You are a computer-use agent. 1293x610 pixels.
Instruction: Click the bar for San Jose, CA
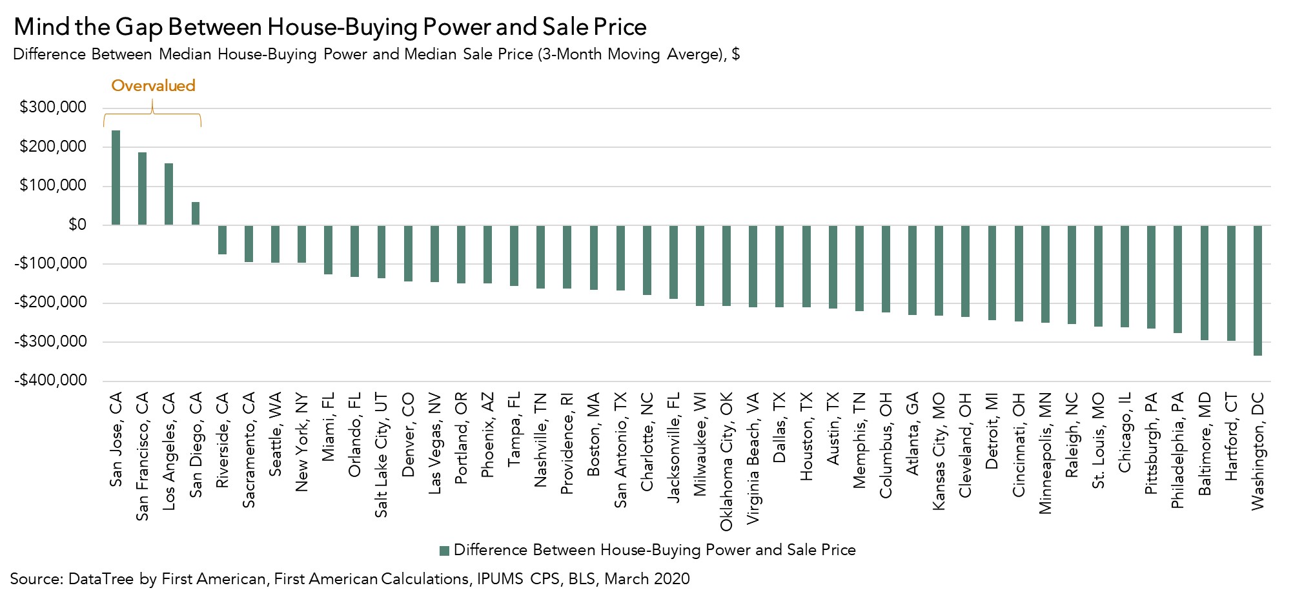click(116, 178)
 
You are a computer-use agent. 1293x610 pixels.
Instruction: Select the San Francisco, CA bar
click(142, 188)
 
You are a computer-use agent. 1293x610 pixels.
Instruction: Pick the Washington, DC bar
click(1257, 290)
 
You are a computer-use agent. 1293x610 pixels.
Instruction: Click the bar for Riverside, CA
click(222, 240)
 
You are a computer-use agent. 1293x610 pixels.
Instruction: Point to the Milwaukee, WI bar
click(700, 266)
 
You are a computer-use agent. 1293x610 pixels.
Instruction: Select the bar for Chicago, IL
click(1125, 277)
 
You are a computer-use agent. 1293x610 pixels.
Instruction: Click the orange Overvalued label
click(153, 86)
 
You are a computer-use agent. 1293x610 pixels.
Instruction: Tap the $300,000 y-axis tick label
click(53, 108)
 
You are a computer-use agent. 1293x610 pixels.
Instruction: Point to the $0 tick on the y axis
click(77, 225)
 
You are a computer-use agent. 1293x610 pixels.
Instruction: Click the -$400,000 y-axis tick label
click(50, 381)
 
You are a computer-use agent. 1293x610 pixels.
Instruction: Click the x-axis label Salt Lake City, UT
click(382, 455)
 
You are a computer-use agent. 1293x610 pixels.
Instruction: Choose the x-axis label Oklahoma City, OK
click(726, 462)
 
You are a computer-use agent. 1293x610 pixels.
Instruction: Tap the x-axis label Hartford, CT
click(1231, 446)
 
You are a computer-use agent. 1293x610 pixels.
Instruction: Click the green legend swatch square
click(444, 551)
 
